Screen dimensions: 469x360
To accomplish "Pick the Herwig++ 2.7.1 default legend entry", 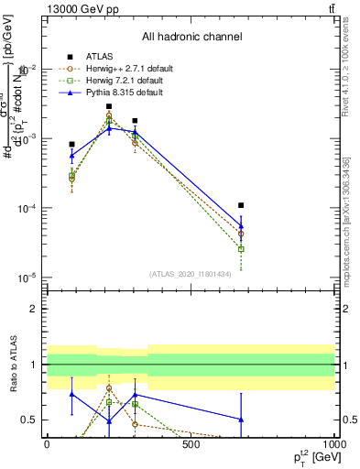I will pos(121,68).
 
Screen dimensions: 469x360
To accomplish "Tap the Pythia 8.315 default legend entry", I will pos(119,93).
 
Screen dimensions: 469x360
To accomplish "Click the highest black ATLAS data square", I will pos(109,106).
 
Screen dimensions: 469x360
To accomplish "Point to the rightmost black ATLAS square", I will pos(241,205).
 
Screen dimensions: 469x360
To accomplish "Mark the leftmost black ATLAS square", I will pos(71,144).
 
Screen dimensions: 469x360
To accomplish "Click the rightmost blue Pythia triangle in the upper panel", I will pos(241,225).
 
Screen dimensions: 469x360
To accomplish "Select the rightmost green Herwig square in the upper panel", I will pos(241,248).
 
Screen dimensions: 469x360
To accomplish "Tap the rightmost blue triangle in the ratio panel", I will pos(241,419).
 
